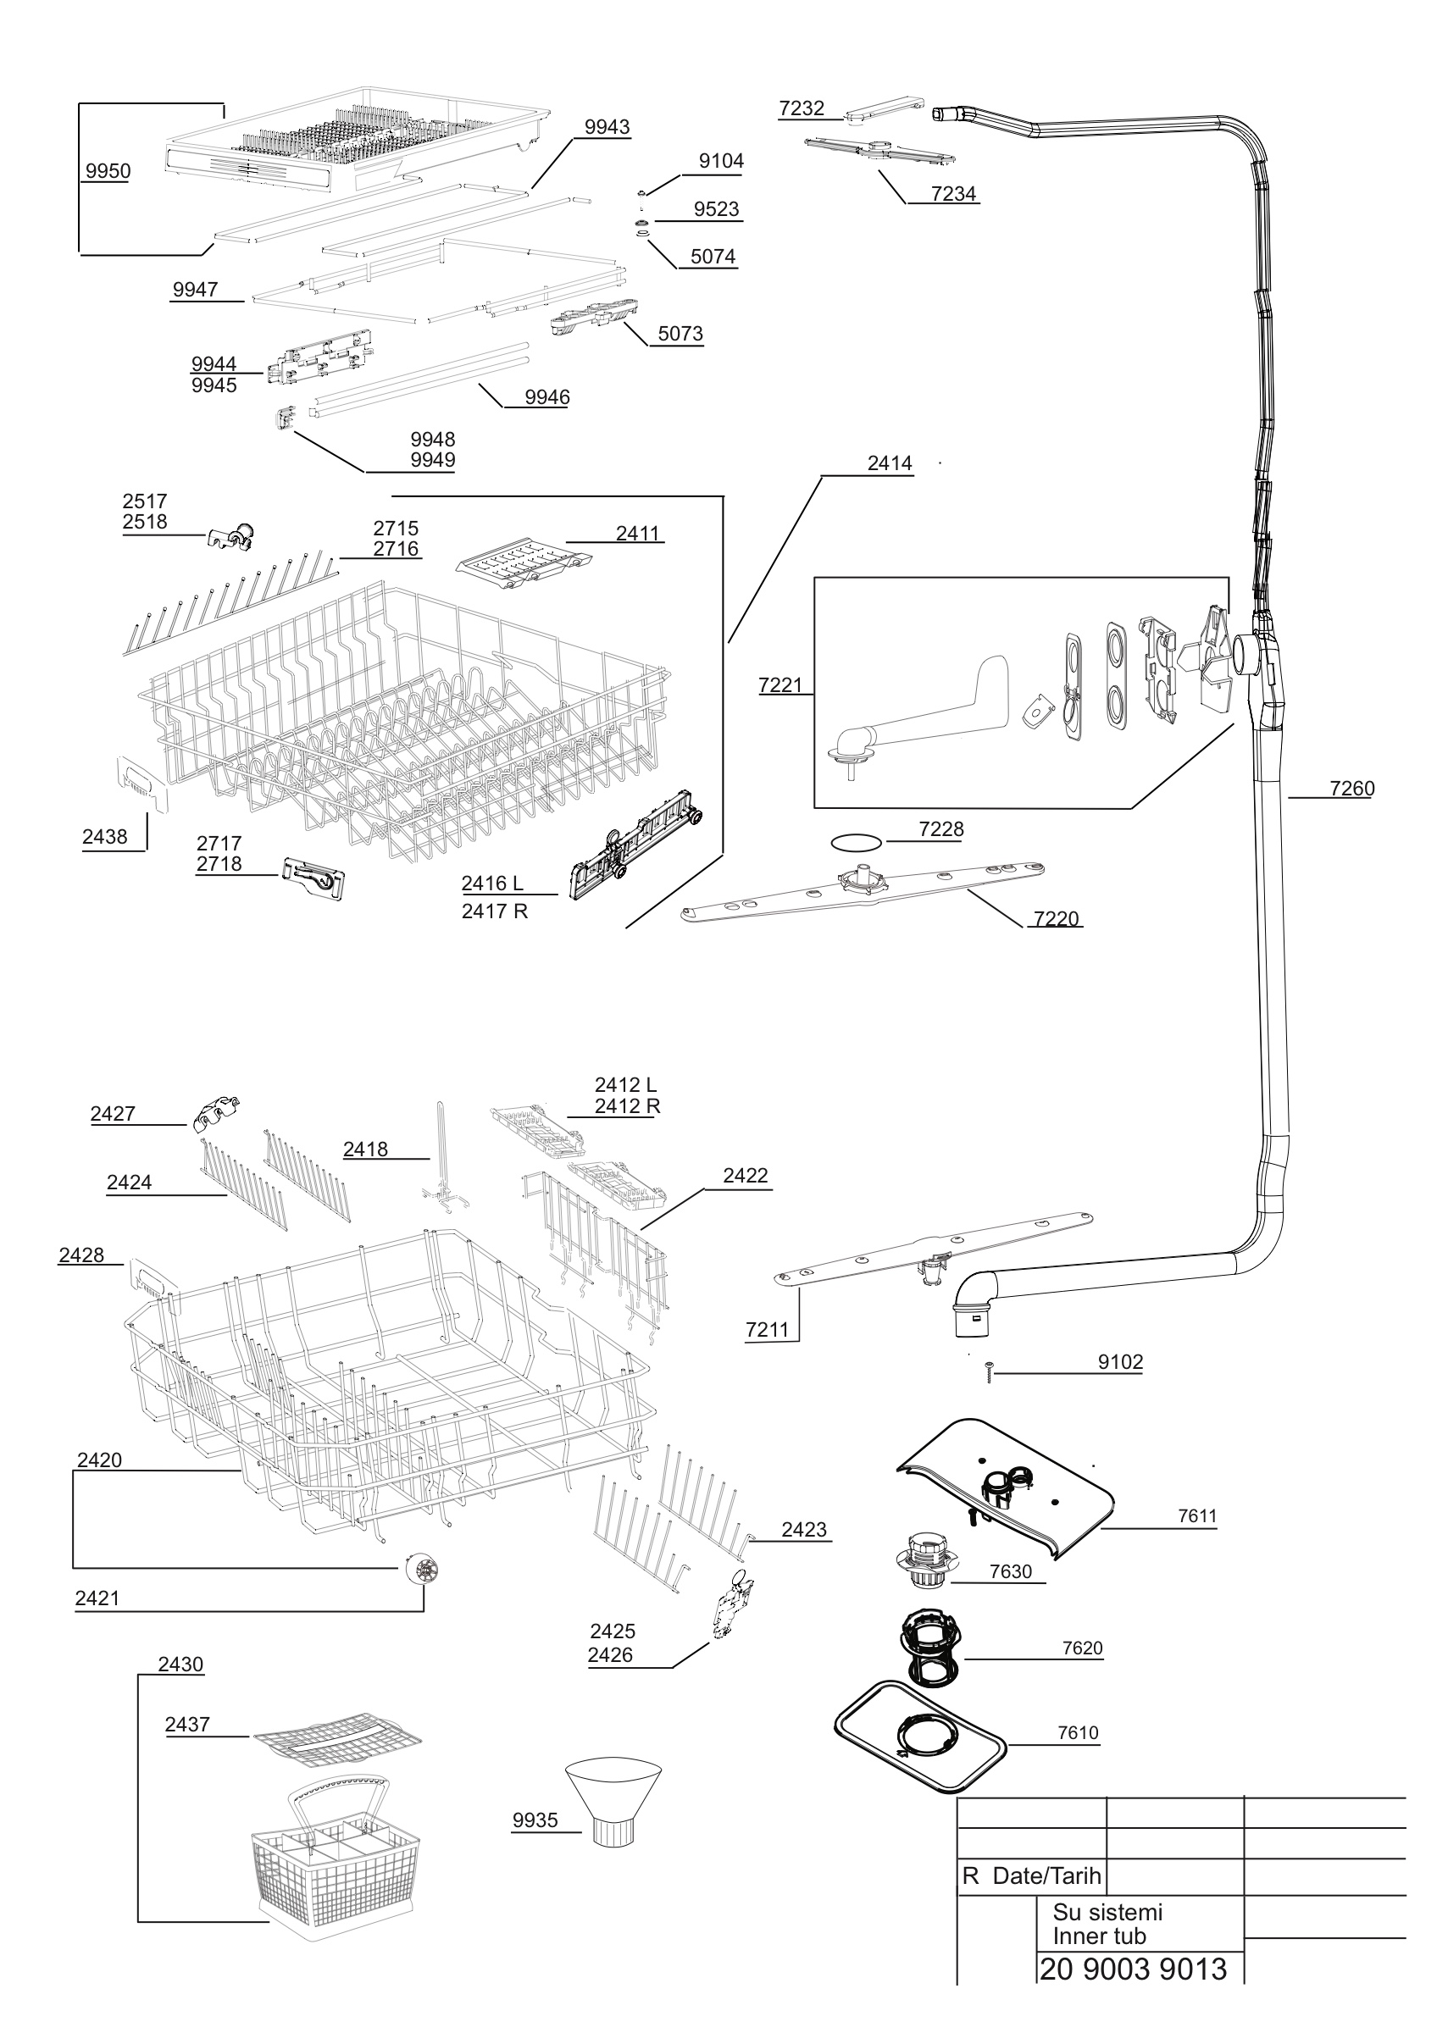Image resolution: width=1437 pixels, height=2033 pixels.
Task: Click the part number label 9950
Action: [x=108, y=171]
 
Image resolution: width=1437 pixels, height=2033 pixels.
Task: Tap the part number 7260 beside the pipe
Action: [x=1352, y=788]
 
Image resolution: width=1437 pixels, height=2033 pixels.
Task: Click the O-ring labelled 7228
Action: [x=855, y=841]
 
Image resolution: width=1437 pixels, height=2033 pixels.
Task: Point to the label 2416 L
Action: [x=492, y=883]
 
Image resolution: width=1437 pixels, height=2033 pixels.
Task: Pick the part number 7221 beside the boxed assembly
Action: [x=780, y=684]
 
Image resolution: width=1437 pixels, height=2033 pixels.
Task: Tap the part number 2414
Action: [x=890, y=463]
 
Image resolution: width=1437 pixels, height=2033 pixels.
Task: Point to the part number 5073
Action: [x=680, y=333]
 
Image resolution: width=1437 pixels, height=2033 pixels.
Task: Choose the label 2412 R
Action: [x=627, y=1106]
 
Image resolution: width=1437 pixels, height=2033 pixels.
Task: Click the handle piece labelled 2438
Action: [x=140, y=782]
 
